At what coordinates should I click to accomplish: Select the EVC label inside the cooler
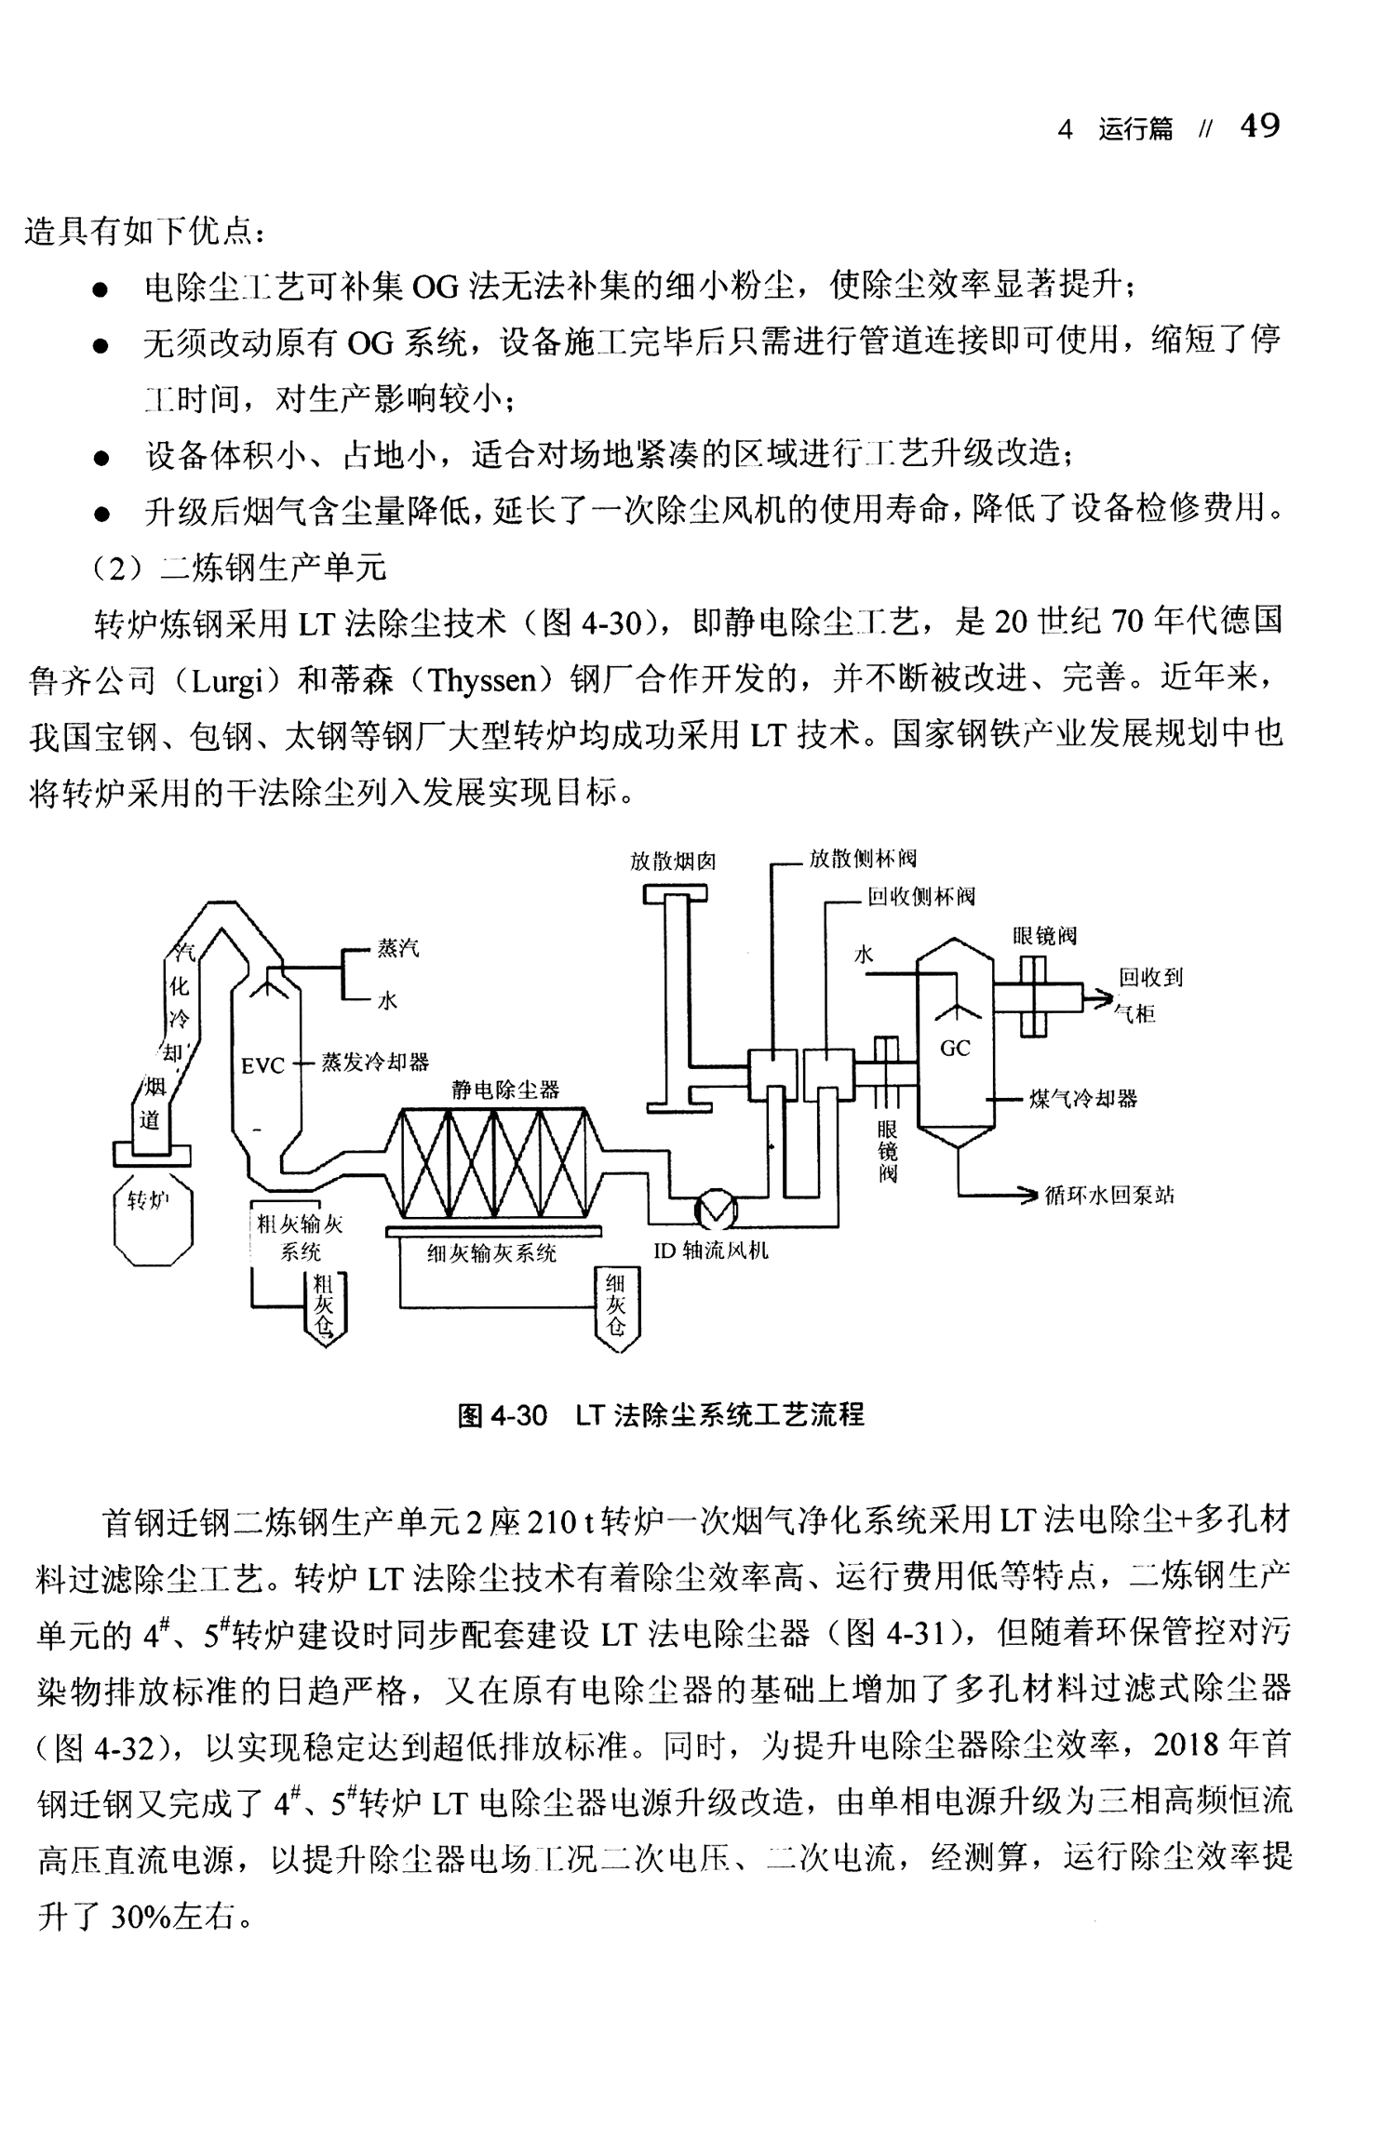[x=262, y=1065]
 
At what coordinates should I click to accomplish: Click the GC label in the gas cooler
[x=955, y=1049]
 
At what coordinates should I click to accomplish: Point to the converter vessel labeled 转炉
[x=153, y=1223]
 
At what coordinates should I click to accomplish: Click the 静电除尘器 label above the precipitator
[x=506, y=1090]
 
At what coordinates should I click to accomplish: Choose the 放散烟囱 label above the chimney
[x=673, y=861]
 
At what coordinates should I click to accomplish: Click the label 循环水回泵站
[x=1109, y=1196]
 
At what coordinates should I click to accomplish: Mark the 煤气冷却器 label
[x=1083, y=1100]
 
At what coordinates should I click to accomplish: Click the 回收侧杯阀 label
[x=921, y=897]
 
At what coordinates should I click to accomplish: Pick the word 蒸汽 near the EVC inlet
[x=398, y=948]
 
